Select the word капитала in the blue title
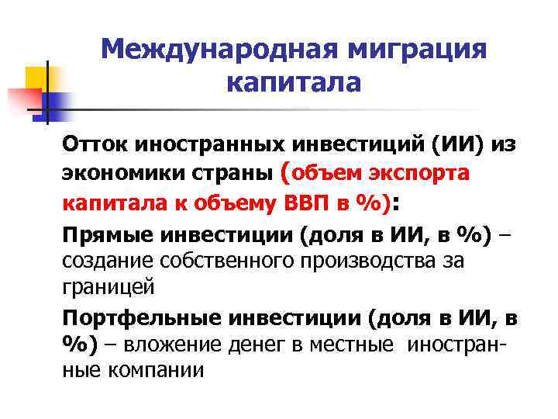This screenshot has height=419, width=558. (294, 81)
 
